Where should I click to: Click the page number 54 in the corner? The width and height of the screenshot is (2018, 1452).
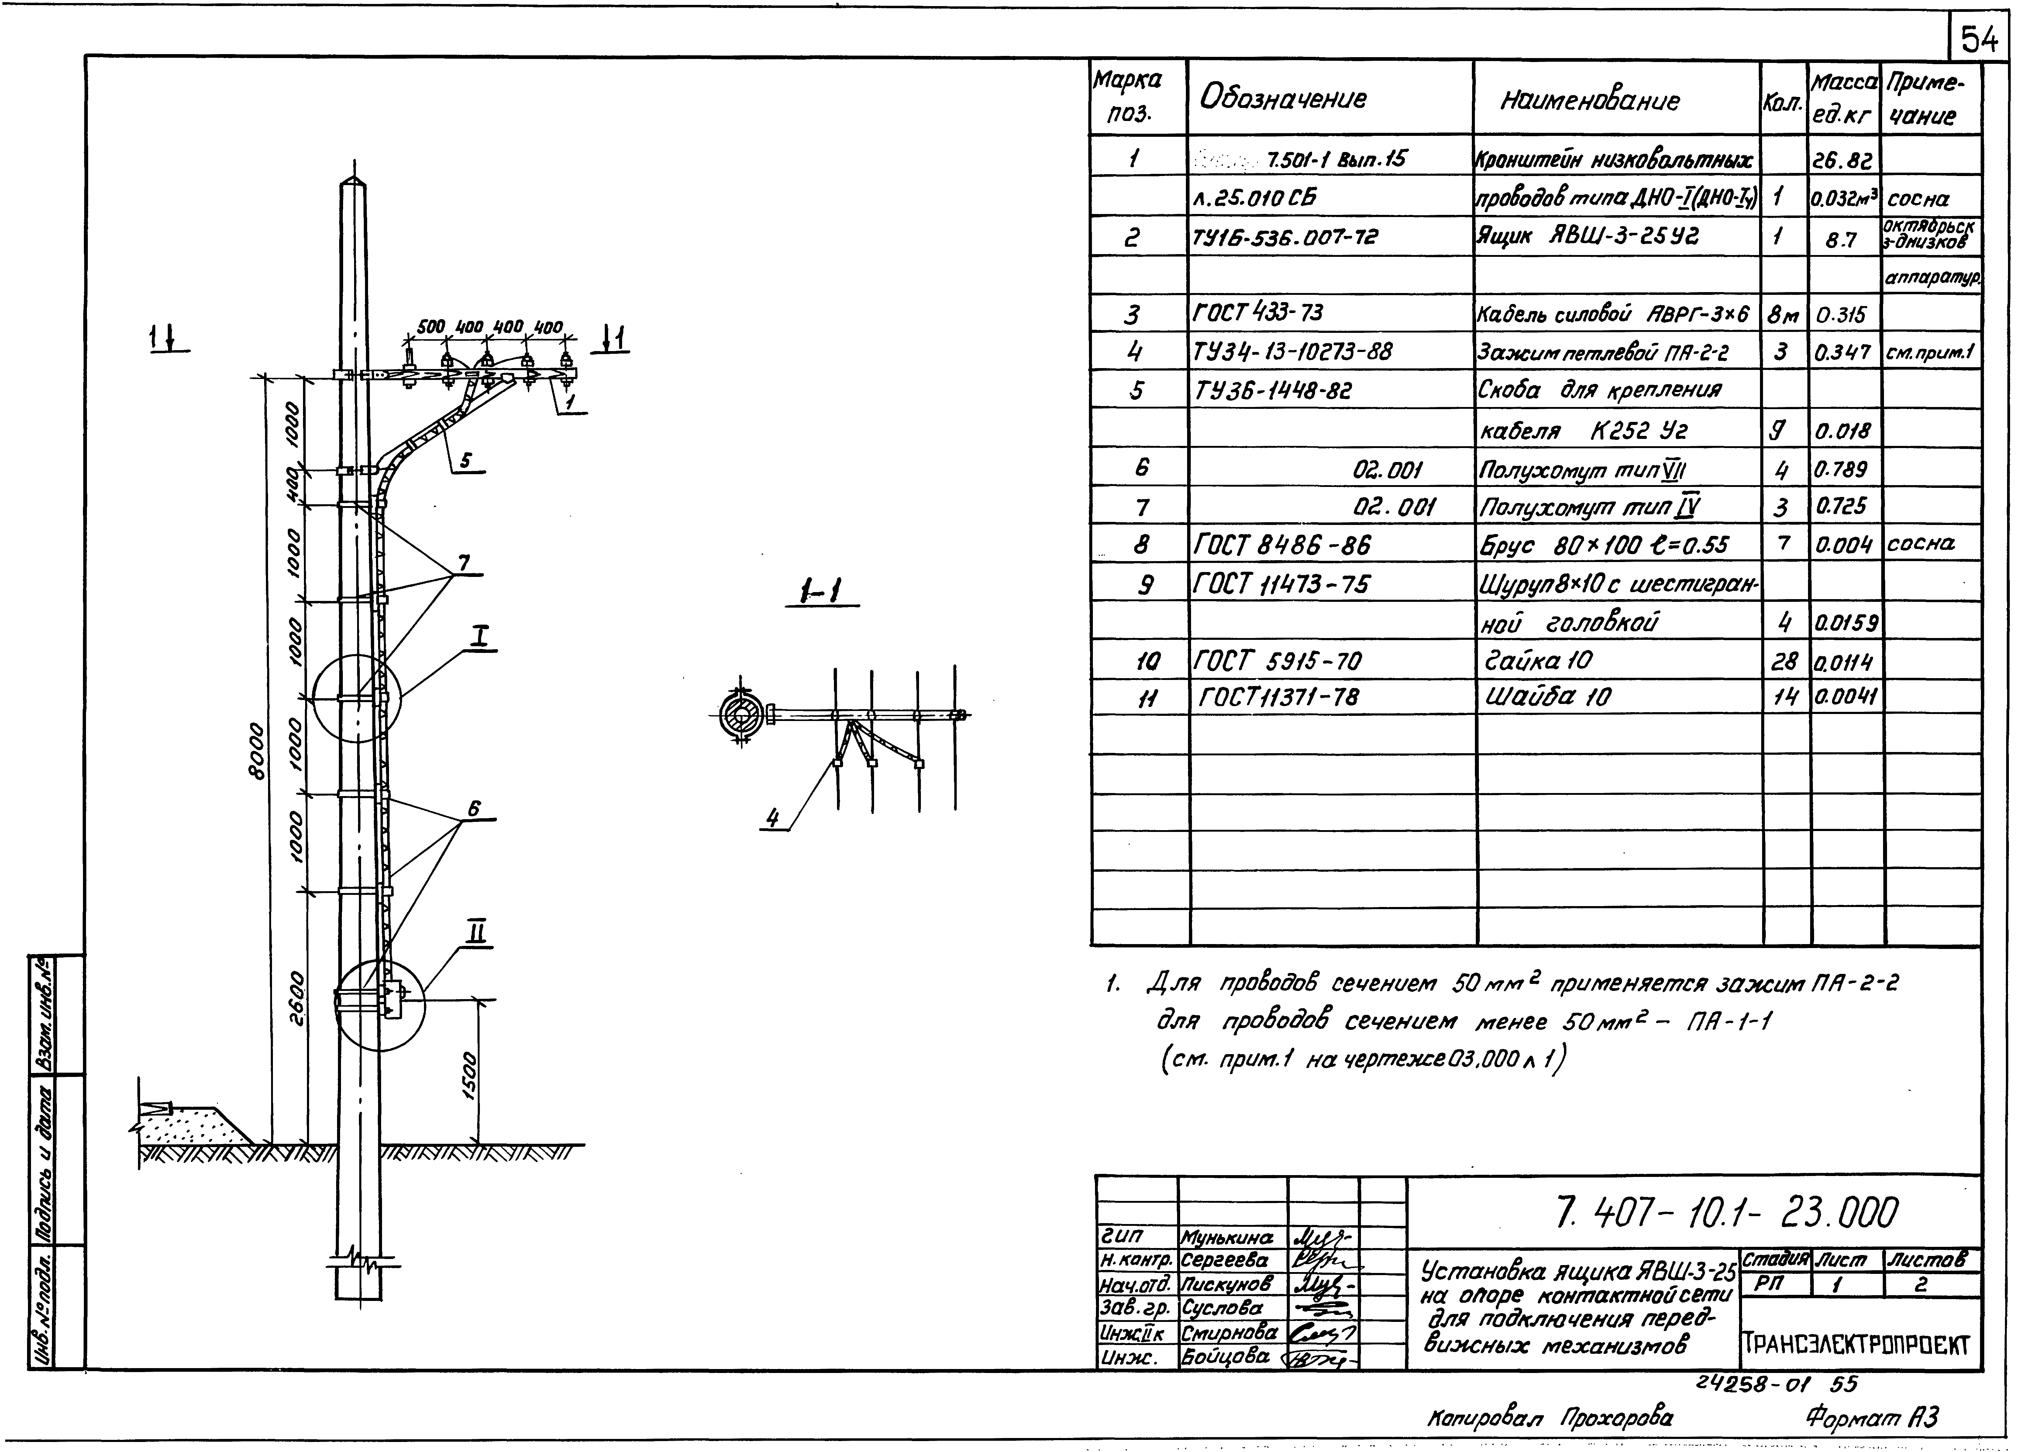click(1979, 39)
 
